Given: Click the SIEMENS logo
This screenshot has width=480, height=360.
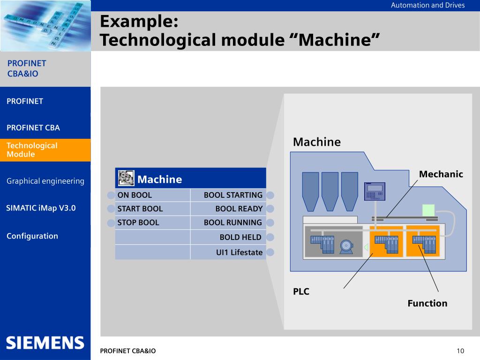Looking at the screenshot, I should pyautogui.click(x=45, y=343).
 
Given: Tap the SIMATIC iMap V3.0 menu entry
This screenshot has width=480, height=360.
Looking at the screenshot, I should pyautogui.click(x=41, y=208).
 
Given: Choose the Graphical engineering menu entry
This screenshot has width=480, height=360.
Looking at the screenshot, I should pyautogui.click(x=45, y=181).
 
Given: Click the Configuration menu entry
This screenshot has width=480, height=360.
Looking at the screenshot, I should pyautogui.click(x=32, y=236).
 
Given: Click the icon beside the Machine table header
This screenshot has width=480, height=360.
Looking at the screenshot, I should pyautogui.click(x=126, y=178).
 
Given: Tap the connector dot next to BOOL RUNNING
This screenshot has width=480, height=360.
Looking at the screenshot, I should pyautogui.click(x=270, y=223).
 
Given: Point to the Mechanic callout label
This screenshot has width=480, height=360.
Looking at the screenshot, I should pyautogui.click(x=441, y=174).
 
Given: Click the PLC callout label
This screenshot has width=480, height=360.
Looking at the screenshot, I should pyautogui.click(x=301, y=292).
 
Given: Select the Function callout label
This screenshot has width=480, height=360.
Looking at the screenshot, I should pyautogui.click(x=427, y=303).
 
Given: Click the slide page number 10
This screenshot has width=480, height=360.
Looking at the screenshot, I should pyautogui.click(x=460, y=351).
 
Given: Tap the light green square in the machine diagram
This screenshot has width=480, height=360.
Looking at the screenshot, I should pyautogui.click(x=428, y=210).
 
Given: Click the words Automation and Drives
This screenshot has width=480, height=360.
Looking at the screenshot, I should pyautogui.click(x=427, y=5).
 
